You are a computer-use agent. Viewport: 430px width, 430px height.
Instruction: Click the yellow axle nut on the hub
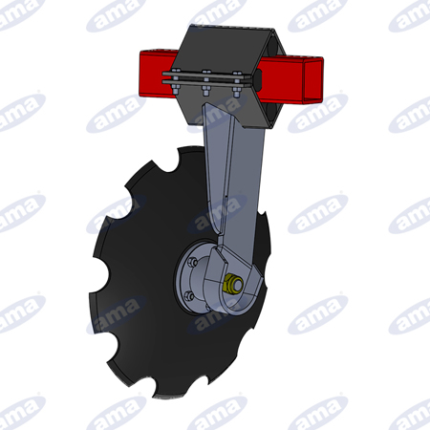[x=233, y=284]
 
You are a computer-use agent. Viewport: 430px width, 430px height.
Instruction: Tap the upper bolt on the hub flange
[x=191, y=262]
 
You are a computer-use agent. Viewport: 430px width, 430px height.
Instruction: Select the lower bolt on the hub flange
[x=189, y=296]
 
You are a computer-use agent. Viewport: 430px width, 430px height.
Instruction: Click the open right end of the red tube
[x=313, y=80]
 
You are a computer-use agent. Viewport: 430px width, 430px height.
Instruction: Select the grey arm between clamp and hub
[x=235, y=179]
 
